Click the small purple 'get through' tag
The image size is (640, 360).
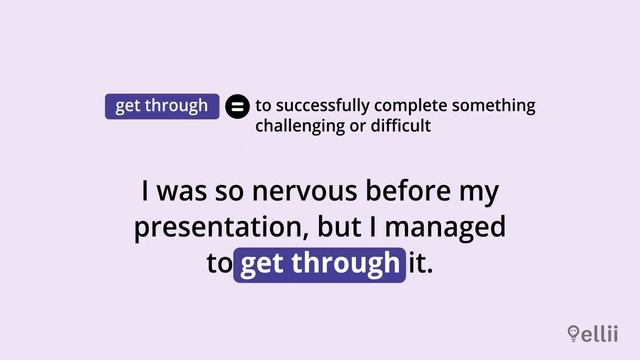click(x=162, y=106)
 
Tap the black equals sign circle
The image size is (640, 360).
click(x=237, y=106)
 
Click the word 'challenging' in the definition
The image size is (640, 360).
click(x=298, y=127)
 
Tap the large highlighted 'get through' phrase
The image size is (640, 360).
click(x=320, y=264)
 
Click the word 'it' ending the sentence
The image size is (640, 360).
click(x=422, y=264)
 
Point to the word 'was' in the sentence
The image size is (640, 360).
click(x=182, y=191)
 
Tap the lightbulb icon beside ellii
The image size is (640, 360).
click(x=573, y=333)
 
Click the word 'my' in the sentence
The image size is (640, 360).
click(x=478, y=191)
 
